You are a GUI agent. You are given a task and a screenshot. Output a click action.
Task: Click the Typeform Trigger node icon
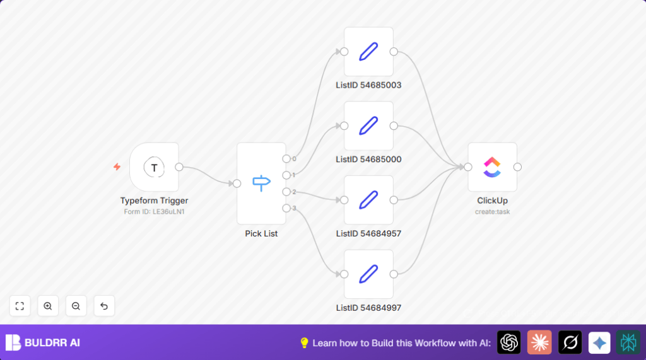154,167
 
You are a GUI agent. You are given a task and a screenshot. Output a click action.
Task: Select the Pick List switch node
261,183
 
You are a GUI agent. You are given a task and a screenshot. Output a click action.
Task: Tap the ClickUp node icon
492,167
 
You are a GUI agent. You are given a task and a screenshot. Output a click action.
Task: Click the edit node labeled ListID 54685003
368,52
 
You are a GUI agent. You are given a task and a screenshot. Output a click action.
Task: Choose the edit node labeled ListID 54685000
368,126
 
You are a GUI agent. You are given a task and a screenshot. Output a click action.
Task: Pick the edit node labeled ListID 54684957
368,200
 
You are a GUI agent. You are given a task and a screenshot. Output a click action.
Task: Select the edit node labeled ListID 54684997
368,274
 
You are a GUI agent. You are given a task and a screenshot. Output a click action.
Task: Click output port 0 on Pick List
286,159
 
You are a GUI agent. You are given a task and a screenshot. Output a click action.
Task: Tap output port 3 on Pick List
286,208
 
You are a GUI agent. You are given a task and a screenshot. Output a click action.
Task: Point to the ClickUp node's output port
518,167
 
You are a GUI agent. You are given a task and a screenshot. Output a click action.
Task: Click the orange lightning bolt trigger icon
117,167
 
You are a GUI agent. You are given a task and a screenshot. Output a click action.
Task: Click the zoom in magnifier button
48,306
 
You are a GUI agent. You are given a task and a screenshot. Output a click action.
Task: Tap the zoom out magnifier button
76,306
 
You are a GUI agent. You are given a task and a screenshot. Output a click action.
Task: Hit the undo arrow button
104,306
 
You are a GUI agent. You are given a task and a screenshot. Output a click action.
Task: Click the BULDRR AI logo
43,342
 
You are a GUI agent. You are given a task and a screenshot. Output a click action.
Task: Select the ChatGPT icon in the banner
509,342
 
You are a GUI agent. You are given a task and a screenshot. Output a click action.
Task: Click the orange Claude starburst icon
539,342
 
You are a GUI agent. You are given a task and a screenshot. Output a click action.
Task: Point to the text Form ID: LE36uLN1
154,212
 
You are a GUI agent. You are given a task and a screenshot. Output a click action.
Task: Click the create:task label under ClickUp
492,212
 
